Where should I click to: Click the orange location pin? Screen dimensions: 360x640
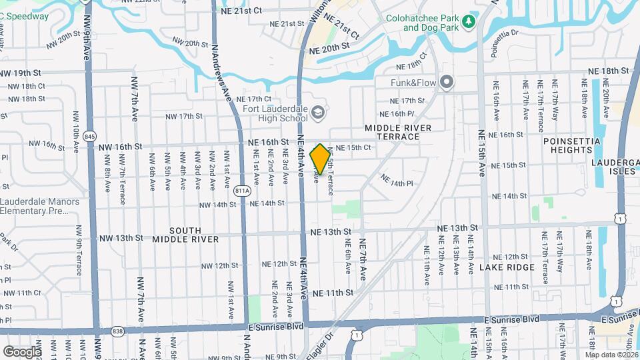pyautogui.click(x=320, y=159)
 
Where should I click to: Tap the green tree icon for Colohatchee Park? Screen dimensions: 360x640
pyautogui.click(x=469, y=22)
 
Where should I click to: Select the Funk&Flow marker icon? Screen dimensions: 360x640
pyautogui.click(x=447, y=83)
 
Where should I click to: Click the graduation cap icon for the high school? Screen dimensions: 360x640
pyautogui.click(x=318, y=110)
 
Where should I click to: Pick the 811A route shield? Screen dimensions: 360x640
pyautogui.click(x=242, y=191)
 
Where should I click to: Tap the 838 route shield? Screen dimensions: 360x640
pyautogui.click(x=118, y=331)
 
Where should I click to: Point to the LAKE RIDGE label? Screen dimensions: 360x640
pyautogui.click(x=507, y=267)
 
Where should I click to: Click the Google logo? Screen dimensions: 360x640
pyautogui.click(x=22, y=351)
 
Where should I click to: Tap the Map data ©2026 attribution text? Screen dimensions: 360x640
pyautogui.click(x=611, y=355)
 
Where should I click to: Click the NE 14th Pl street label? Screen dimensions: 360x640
pyautogui.click(x=397, y=180)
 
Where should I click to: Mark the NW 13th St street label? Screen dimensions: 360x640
pyautogui.click(x=121, y=238)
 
